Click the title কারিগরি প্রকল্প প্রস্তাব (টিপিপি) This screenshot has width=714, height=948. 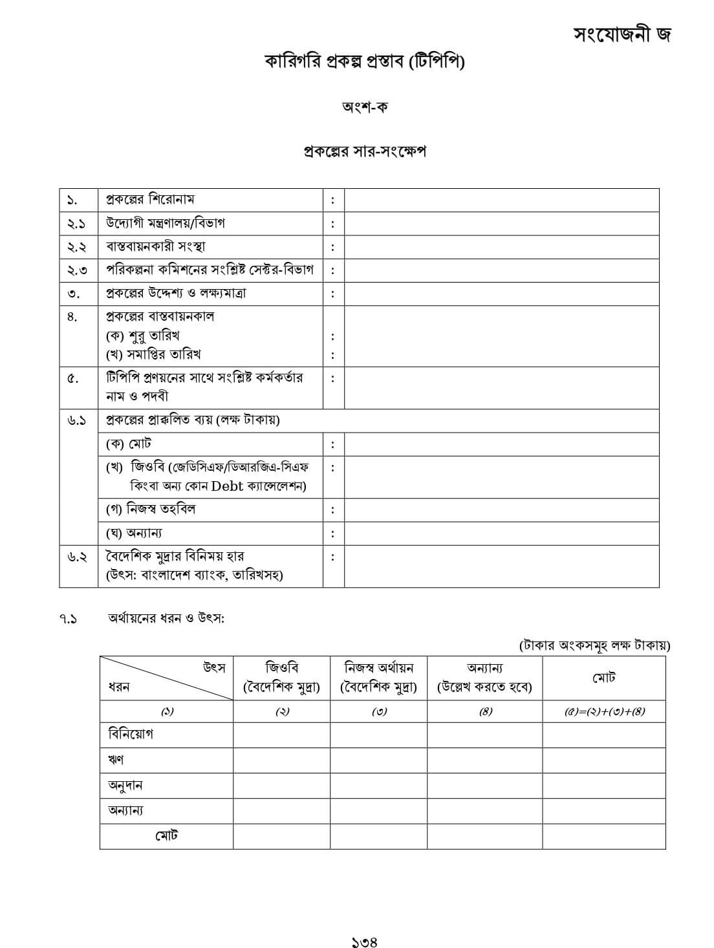[x=364, y=61]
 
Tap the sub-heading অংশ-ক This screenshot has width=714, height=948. [x=364, y=107]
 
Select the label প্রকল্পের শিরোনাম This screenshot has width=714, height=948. [x=150, y=199]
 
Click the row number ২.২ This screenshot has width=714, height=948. [x=76, y=247]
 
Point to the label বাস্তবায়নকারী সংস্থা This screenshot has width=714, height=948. [x=156, y=246]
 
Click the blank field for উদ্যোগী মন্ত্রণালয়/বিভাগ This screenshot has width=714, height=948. [x=501, y=223]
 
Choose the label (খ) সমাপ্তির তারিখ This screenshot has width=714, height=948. [x=153, y=354]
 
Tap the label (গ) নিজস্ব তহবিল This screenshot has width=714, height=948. [x=151, y=509]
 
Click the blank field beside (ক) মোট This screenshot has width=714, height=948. [x=501, y=444]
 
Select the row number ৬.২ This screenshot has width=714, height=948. [x=76, y=557]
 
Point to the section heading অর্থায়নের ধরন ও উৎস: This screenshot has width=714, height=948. [x=166, y=618]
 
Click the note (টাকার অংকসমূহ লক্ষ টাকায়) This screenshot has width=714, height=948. [x=594, y=645]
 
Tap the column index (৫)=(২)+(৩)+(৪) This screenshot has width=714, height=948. [x=604, y=712]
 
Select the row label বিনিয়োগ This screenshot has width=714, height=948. [x=131, y=735]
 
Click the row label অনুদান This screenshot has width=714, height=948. [x=125, y=786]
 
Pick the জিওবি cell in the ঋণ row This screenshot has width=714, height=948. [x=281, y=760]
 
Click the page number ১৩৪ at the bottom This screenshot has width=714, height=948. [x=364, y=942]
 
